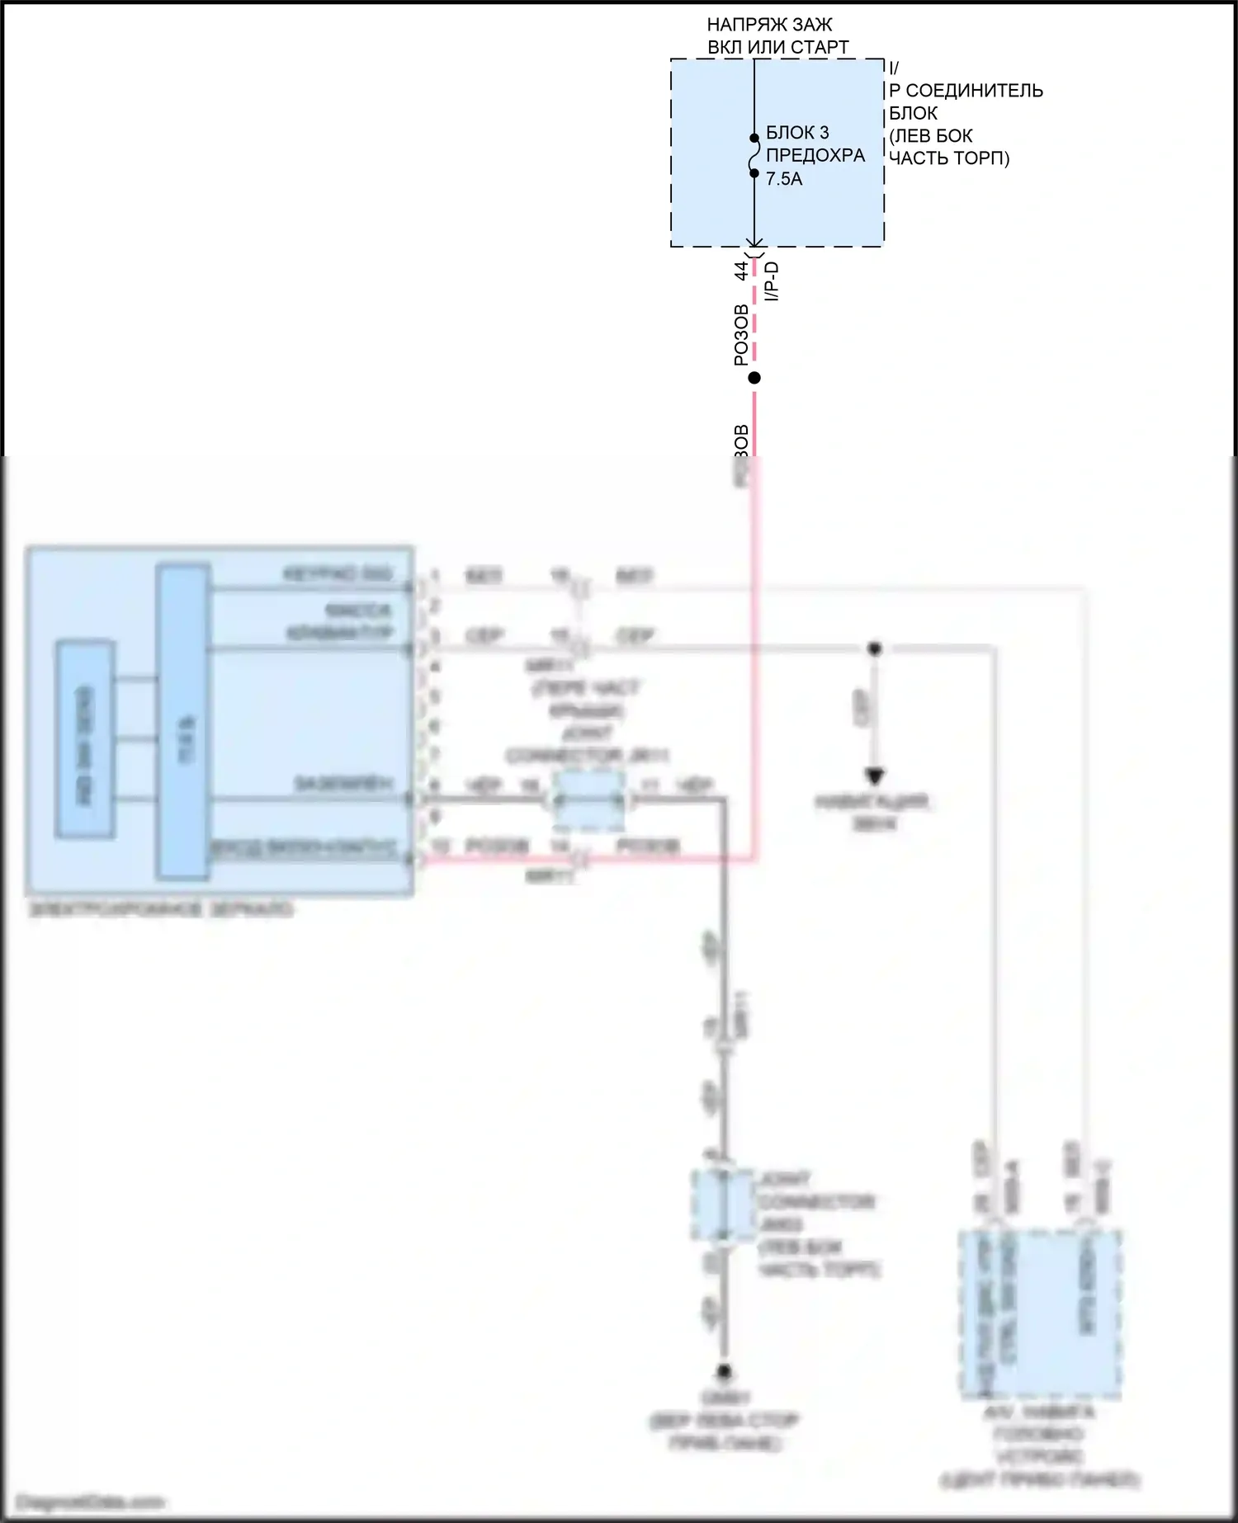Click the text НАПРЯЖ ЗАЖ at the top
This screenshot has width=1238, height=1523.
coord(769,25)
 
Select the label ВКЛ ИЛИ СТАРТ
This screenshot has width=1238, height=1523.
coord(777,47)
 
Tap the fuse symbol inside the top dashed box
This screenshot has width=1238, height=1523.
coord(754,156)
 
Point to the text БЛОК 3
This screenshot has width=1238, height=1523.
coord(797,133)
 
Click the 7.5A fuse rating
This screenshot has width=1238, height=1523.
coord(783,179)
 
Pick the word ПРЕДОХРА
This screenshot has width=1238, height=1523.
coord(815,156)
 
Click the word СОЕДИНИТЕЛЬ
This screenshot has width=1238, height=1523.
coord(974,91)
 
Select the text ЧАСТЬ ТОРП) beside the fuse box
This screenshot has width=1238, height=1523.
coord(948,158)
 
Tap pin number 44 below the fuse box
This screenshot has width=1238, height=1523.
coord(741,270)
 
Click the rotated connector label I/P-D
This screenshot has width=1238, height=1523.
coord(773,281)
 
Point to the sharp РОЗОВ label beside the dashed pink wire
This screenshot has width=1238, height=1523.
coord(741,335)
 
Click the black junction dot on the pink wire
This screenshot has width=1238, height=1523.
coord(754,378)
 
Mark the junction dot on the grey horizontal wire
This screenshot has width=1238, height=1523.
coord(875,648)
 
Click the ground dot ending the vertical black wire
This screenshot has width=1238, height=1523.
coord(724,1372)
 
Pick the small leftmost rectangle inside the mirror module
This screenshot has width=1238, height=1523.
coord(85,739)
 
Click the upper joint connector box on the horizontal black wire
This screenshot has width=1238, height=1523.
coord(588,800)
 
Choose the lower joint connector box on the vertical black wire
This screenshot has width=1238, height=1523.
coord(722,1205)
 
